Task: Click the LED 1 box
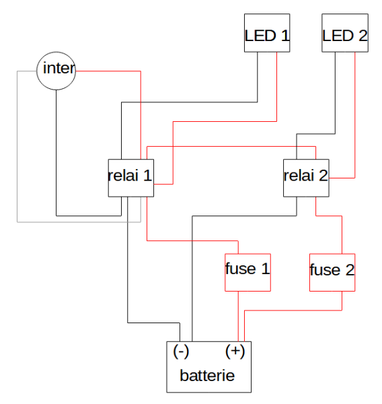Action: (267, 33)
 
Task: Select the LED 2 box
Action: (345, 33)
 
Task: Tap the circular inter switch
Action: (56, 70)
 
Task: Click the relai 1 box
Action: (130, 178)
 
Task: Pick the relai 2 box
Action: (306, 178)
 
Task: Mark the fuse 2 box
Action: (332, 272)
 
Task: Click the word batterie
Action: (207, 376)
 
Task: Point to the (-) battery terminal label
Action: (181, 351)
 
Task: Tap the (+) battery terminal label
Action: (235, 351)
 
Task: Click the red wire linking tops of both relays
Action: (229, 146)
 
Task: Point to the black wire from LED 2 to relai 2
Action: (336, 94)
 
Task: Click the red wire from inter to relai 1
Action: (140, 108)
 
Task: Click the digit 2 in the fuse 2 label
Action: (349, 271)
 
